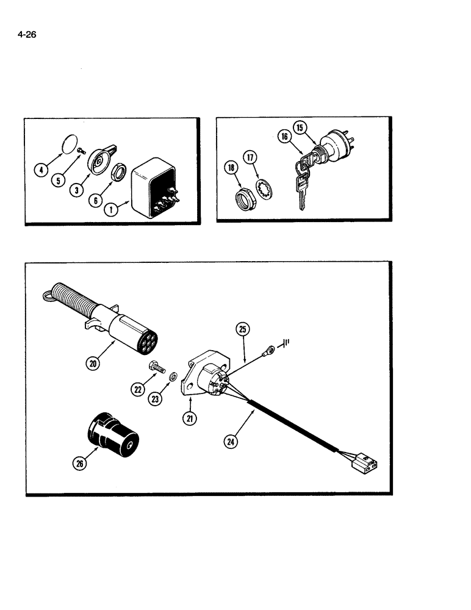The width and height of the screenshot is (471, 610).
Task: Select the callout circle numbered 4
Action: (x=41, y=170)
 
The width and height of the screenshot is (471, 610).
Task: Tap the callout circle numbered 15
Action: (x=300, y=128)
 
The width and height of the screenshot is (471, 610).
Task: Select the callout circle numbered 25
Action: (x=243, y=330)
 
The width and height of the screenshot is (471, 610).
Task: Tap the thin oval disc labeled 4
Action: (x=72, y=148)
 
